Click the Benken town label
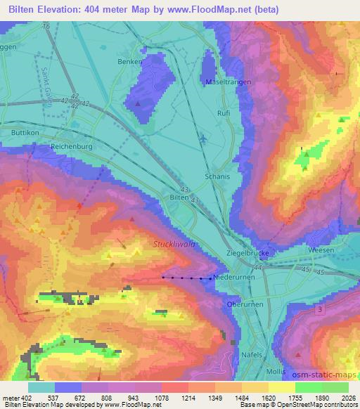(129, 61)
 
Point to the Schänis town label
(217, 176)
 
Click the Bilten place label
(179, 198)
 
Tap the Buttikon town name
(25, 132)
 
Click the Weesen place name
(321, 250)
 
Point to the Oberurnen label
(245, 304)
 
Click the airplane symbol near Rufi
(204, 138)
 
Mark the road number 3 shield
(321, 309)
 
